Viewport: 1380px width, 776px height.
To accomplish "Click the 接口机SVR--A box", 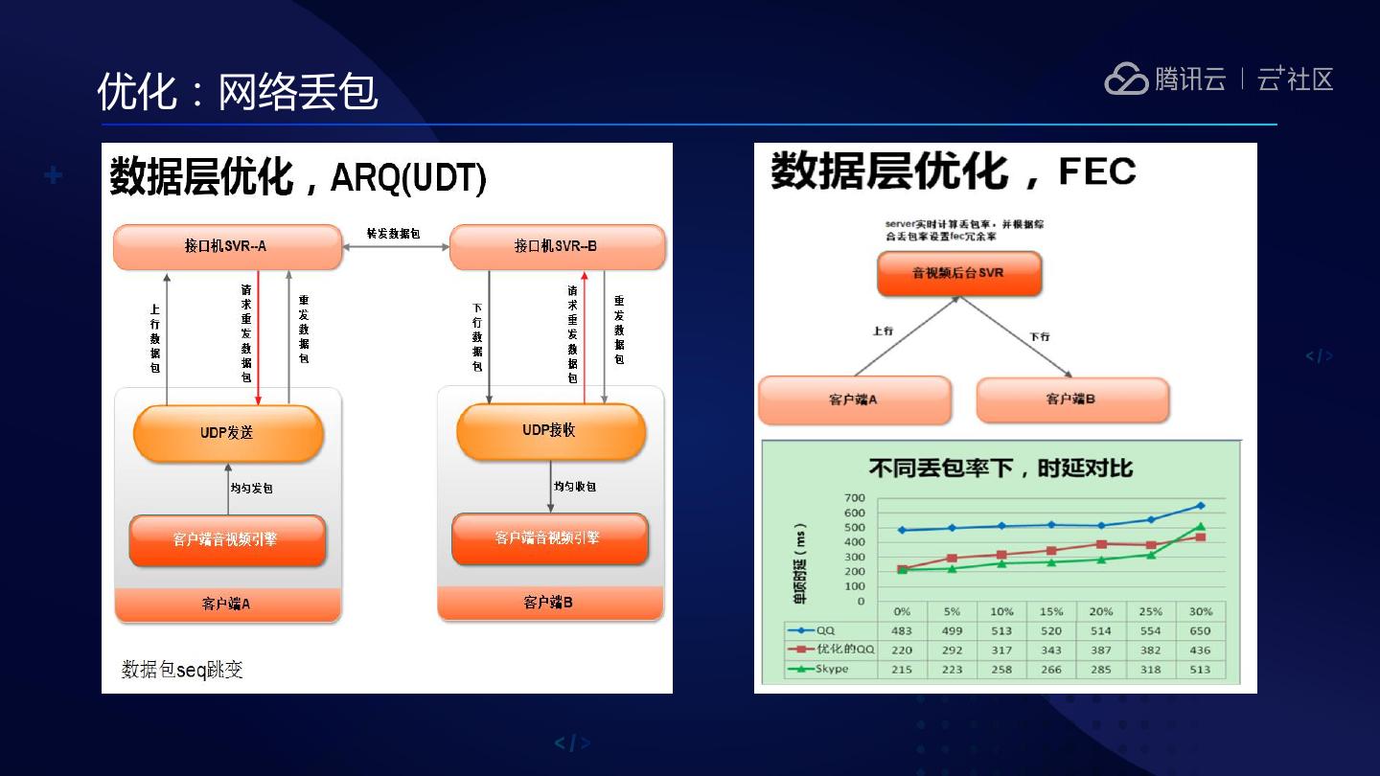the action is click(x=227, y=246).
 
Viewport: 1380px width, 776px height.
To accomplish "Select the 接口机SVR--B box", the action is click(x=557, y=246).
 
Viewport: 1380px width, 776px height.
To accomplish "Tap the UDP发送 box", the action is click(x=228, y=433).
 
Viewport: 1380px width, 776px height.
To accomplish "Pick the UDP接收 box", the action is click(x=550, y=431).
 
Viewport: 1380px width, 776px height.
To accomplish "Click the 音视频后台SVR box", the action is click(x=958, y=273).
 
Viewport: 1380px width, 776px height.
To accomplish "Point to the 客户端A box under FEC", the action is click(x=854, y=399).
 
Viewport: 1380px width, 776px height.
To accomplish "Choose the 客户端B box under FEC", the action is click(x=1071, y=399).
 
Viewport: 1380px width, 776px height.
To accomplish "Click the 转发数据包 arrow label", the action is click(x=394, y=234).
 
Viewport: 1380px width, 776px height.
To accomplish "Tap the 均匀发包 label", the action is click(x=252, y=488).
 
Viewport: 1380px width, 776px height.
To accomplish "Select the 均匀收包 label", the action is click(x=575, y=487).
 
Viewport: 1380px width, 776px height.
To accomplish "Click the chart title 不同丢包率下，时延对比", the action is click(x=1000, y=468).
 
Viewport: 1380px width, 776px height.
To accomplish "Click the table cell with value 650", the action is click(x=1200, y=630).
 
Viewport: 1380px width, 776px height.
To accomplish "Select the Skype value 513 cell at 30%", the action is click(x=1200, y=669).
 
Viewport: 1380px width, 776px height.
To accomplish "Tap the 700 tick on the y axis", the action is click(x=854, y=498).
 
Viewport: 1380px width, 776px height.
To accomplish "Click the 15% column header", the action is click(x=1051, y=611).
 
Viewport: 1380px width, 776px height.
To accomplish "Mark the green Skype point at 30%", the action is click(x=1200, y=527).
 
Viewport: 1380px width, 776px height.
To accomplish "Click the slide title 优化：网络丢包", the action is click(x=238, y=92).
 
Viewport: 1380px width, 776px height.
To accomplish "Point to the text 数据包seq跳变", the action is click(x=182, y=669).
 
